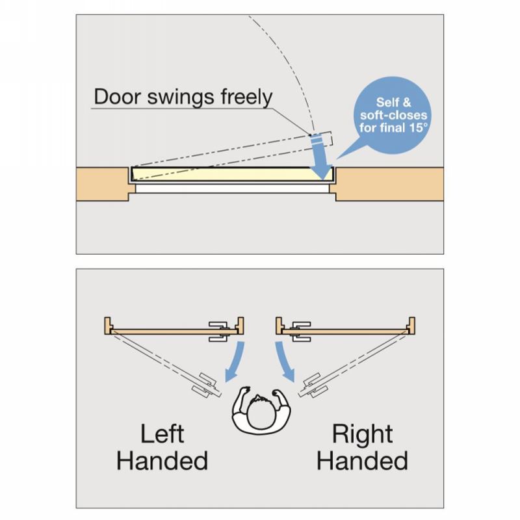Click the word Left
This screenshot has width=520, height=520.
tap(162, 434)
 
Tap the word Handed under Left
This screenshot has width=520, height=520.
tap(162, 461)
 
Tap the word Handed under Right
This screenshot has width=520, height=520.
tap(363, 461)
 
